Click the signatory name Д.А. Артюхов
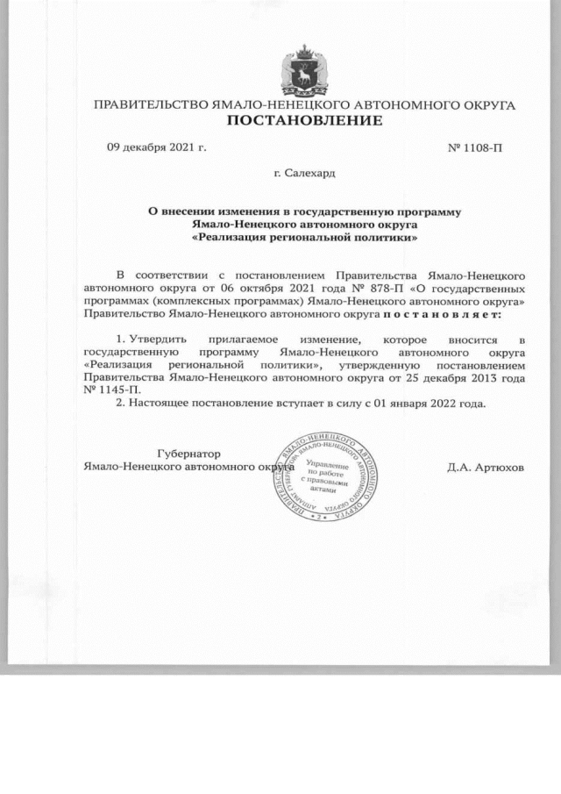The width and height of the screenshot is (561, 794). point(486,468)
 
